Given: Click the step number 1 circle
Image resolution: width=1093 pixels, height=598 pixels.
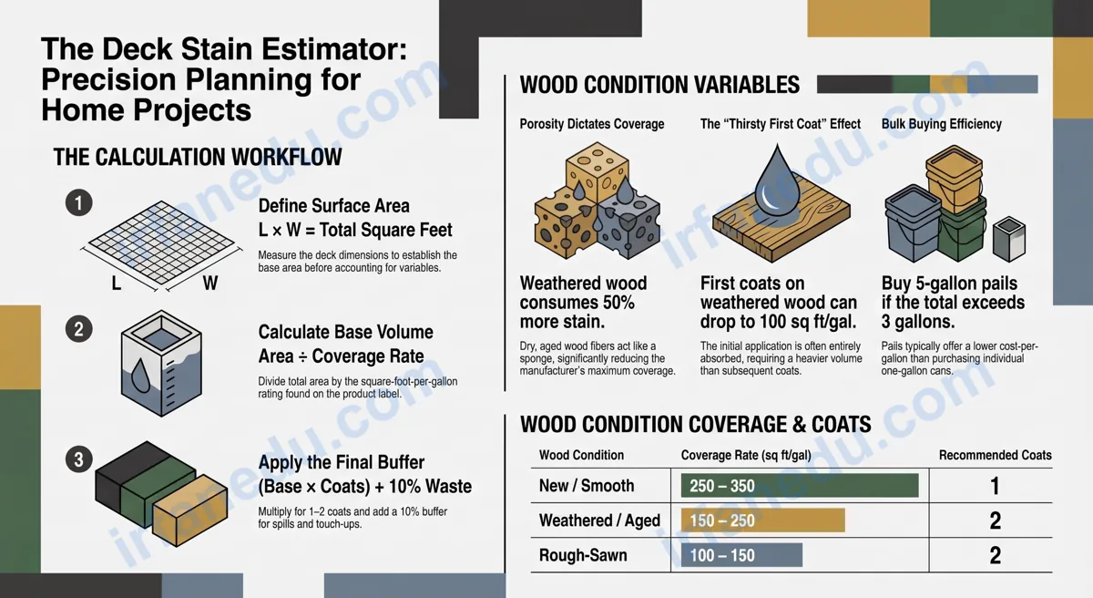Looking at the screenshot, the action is point(79,202).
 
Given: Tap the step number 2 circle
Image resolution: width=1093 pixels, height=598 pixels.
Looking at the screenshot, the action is point(79,329).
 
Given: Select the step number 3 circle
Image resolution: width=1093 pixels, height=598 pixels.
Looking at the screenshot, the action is point(79,459).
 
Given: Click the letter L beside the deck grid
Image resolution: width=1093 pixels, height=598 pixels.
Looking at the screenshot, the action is point(117,283).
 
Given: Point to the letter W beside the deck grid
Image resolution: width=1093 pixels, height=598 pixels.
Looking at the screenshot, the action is point(210,283).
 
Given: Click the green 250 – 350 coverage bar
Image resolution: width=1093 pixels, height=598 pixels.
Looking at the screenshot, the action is point(800,486).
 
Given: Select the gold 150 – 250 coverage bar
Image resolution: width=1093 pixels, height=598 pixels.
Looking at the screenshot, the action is point(762,521).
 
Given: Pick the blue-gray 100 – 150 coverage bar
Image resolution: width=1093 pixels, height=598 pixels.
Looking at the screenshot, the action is point(741,555).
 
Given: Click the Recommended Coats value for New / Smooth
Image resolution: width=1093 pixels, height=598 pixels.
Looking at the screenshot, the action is point(995,486).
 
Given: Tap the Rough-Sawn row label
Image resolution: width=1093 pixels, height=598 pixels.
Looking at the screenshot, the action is point(583,555).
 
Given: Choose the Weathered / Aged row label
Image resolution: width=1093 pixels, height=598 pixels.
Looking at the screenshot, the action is point(599,521).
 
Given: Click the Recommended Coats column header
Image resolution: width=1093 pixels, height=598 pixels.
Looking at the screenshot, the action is point(996,455).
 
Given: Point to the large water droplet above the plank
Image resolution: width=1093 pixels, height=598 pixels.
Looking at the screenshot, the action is point(777,180).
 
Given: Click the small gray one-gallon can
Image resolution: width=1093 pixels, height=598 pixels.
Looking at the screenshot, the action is point(1009,239).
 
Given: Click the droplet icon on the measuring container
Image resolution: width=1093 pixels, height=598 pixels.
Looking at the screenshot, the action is point(140,376).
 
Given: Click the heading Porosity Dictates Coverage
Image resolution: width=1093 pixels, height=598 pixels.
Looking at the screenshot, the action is point(592,124).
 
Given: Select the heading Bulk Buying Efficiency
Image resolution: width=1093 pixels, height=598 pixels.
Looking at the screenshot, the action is point(941,124).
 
